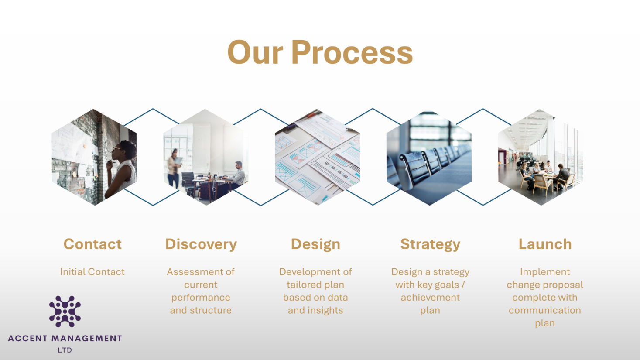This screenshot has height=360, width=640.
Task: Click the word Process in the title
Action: tap(352, 52)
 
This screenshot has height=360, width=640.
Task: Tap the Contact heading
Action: tap(92, 244)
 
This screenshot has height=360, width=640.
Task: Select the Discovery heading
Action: tap(201, 245)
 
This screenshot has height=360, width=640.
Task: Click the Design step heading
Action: tap(315, 245)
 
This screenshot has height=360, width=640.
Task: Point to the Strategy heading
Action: tap(430, 245)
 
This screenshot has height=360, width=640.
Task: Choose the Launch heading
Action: tap(545, 244)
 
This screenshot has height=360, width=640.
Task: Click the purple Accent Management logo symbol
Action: tap(65, 312)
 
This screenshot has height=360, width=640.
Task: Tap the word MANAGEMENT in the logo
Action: tap(86, 339)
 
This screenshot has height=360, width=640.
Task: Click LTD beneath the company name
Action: tap(65, 350)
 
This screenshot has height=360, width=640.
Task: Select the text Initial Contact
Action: tap(92, 272)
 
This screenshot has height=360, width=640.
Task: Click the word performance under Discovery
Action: tap(201, 298)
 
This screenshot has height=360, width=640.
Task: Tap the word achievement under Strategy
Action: tap(430, 298)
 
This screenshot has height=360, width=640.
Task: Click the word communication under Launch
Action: tap(545, 310)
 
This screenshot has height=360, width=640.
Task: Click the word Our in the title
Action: tap(255, 52)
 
